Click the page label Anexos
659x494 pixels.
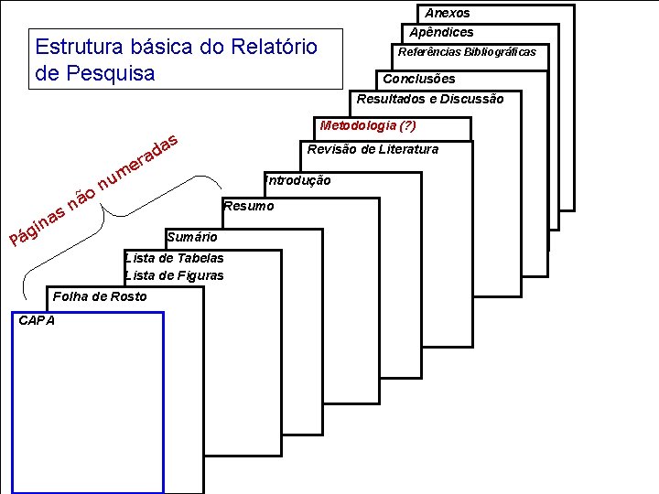point(447,14)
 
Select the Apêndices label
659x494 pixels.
point(441,33)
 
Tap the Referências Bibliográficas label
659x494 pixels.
point(467,52)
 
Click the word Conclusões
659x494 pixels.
point(418,79)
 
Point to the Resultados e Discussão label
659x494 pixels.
point(429,99)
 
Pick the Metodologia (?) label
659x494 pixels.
point(368,125)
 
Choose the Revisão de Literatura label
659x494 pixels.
point(373,149)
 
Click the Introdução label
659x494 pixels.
point(297,181)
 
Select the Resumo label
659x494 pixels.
point(248,206)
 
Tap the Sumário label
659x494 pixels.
point(192,238)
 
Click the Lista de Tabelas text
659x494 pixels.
point(174,258)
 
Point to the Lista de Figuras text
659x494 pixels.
point(174,275)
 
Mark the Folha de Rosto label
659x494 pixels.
point(100,296)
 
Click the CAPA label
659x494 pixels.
point(37,320)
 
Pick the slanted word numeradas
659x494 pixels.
point(137,160)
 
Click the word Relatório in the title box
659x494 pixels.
point(271,46)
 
